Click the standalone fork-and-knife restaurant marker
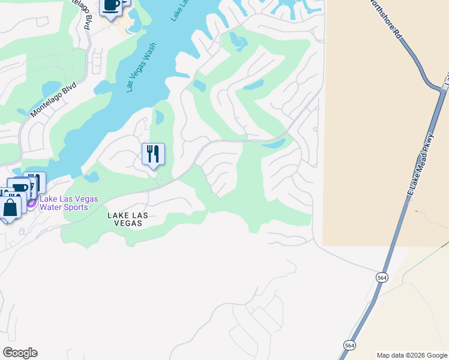[153, 154]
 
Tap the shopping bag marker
[10, 208]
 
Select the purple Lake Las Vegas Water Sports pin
[31, 203]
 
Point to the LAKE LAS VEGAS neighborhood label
[125, 219]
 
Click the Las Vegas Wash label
[142, 67]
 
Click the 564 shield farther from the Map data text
[382, 277]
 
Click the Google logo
[20, 353]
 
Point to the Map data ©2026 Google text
[411, 355]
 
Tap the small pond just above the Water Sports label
[91, 177]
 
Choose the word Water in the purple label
[51, 208]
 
